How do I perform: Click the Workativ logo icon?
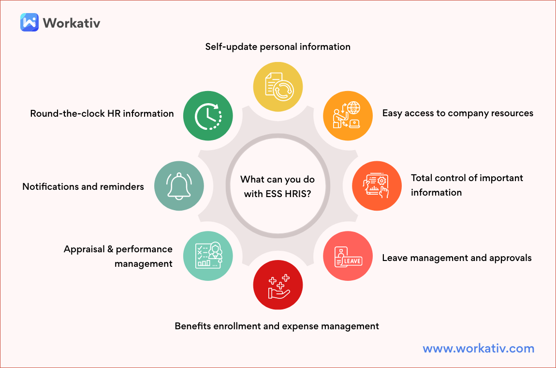29,22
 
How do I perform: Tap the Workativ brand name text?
72,23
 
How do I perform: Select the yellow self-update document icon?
278,87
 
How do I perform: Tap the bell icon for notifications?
179,186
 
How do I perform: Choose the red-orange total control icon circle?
377,186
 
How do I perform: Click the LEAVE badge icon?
348,257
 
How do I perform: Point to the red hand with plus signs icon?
278,285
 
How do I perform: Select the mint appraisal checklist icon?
208,256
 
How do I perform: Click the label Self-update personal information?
278,47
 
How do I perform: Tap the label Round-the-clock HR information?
102,114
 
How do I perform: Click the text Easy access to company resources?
457,113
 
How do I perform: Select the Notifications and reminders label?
83,186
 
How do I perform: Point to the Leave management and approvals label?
456,258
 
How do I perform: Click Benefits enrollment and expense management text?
277,326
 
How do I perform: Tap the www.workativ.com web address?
478,348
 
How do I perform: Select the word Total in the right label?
422,178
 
